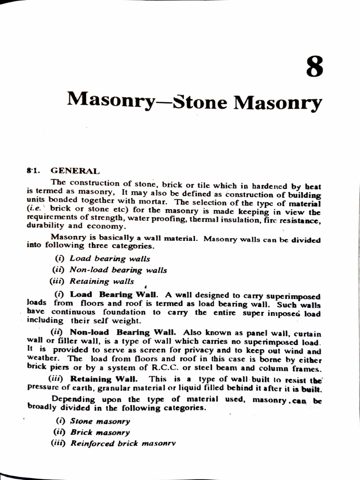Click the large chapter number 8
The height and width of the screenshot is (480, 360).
tap(315, 67)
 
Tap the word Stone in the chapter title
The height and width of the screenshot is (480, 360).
tap(200, 101)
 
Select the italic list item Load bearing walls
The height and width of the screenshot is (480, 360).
tap(110, 258)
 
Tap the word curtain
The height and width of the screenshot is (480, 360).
tap(308, 333)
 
